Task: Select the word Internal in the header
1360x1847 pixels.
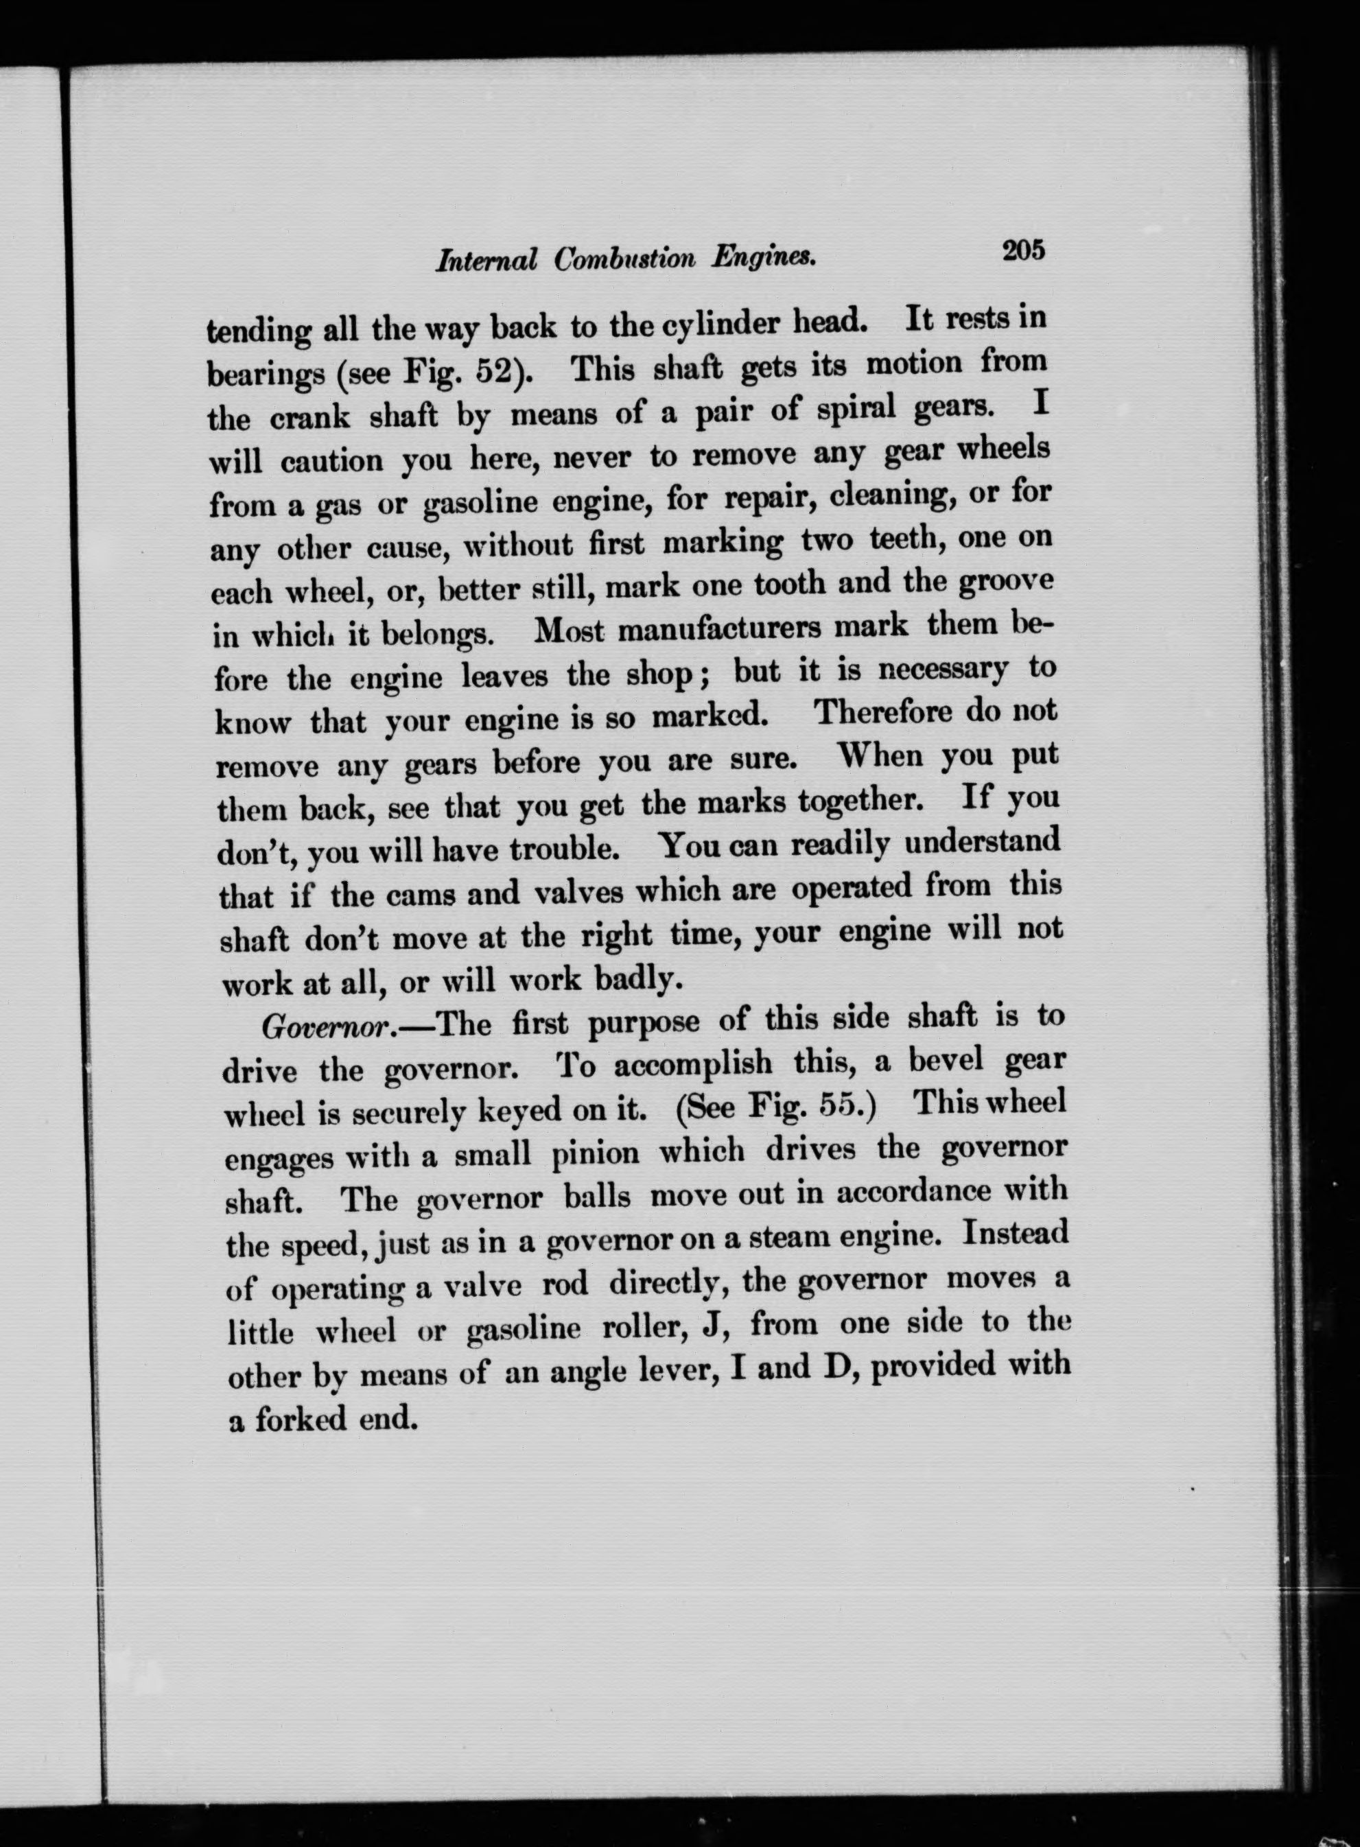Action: tap(487, 261)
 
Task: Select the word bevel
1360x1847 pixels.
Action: tap(946, 1061)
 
